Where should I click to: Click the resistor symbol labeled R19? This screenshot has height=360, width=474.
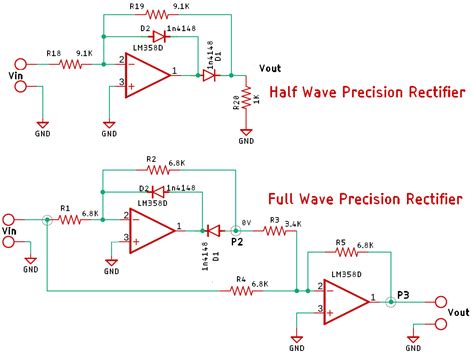[157, 15]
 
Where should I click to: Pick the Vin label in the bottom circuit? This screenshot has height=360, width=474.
[12, 232]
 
